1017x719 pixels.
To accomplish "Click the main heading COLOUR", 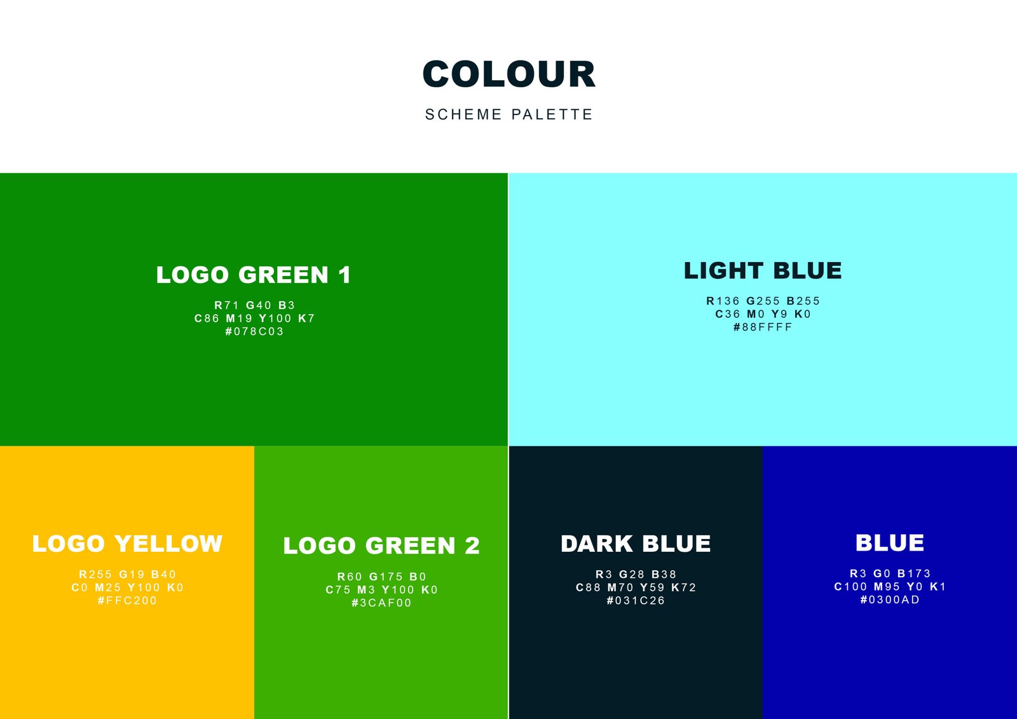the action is tap(508, 74).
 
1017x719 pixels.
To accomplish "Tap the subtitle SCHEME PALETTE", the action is tap(509, 114).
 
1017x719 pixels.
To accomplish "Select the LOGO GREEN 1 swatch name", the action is tap(254, 275).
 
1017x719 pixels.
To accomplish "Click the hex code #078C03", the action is tap(254, 332).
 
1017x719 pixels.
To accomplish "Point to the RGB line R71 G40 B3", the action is tap(255, 305).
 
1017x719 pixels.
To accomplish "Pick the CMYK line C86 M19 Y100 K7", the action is tap(255, 318).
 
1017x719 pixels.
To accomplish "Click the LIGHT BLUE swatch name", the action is tap(763, 271).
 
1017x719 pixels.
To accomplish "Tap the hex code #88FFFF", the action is tap(763, 327).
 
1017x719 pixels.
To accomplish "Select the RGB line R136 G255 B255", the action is tap(763, 301).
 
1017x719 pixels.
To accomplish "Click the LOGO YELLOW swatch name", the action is tap(127, 544).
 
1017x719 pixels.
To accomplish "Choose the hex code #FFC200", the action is tap(127, 601).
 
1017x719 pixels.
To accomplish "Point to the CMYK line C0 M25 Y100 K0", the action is tap(128, 588).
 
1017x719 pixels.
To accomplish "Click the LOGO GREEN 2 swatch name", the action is tap(381, 545).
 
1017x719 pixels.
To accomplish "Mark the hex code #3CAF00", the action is tap(381, 603).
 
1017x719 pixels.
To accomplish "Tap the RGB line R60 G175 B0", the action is tap(382, 577).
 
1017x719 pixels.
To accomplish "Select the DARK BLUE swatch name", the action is tap(636, 544).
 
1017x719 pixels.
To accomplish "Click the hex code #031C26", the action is tap(636, 601).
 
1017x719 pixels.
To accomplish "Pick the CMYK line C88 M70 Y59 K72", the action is tap(636, 588).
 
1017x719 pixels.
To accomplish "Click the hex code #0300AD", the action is tap(890, 600).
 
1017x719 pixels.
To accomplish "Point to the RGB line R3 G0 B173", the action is tap(891, 573).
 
